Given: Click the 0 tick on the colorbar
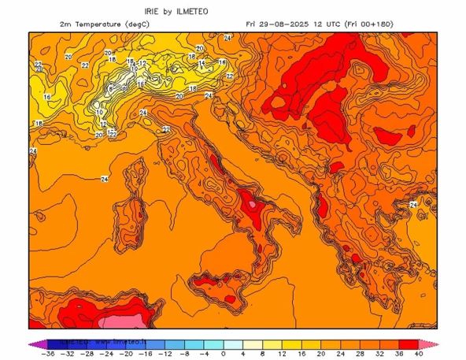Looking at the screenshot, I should pyautogui.click(x=224, y=354).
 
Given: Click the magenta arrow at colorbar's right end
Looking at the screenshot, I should pyautogui.click(x=435, y=343).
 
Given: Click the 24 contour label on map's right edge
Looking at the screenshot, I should pyautogui.click(x=413, y=205).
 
